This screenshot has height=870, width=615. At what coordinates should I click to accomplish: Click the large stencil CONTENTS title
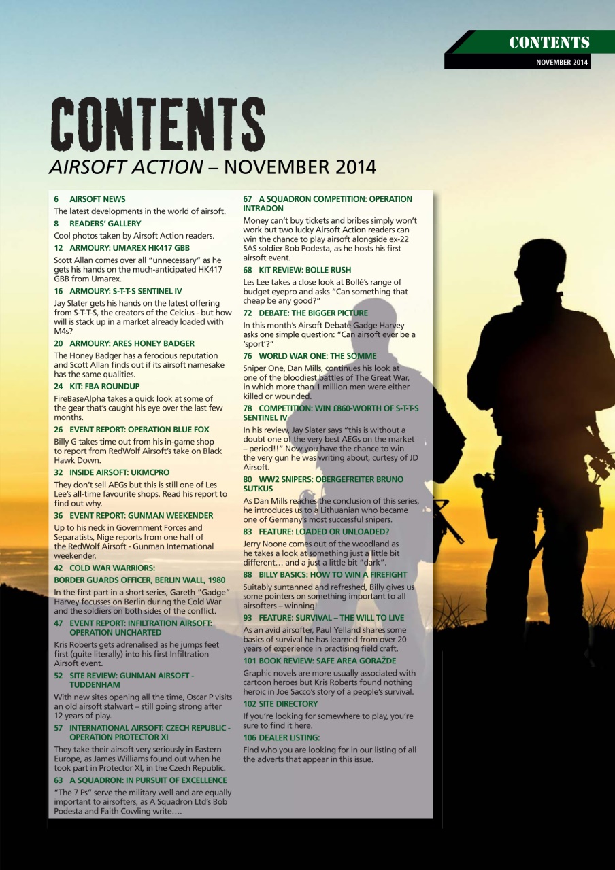pos(156,125)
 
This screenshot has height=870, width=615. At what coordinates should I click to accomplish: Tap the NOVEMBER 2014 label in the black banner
pos(561,63)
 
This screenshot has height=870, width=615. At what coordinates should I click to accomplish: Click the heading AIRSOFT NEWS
pos(97,199)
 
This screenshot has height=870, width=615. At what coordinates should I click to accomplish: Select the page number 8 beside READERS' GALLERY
pos(56,224)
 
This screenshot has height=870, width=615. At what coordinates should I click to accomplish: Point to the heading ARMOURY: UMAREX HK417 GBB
pos(129,248)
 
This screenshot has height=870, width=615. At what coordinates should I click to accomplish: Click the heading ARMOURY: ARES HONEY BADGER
pos(131,343)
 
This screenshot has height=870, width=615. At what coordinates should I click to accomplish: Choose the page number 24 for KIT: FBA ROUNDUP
pos(59,386)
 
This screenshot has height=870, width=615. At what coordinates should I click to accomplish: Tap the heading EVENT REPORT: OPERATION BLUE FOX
pos(139,430)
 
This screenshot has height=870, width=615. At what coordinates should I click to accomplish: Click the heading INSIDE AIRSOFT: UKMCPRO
pos(119,472)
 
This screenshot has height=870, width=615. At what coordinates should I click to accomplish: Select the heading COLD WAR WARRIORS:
pos(112,568)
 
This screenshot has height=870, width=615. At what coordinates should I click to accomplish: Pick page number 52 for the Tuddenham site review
pos(59,676)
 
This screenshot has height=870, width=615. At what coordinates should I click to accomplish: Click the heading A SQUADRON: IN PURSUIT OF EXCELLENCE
pos(148,780)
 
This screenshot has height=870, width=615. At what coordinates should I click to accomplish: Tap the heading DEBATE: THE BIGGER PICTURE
pos(313,313)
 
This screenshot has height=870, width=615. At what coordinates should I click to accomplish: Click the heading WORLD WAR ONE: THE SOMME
pos(317,356)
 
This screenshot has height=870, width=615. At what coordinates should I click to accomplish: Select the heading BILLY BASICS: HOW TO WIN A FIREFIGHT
pos(333,574)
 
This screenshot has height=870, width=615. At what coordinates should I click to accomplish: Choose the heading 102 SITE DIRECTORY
pos(280,704)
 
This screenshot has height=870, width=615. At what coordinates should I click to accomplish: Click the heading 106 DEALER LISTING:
pos(281,737)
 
